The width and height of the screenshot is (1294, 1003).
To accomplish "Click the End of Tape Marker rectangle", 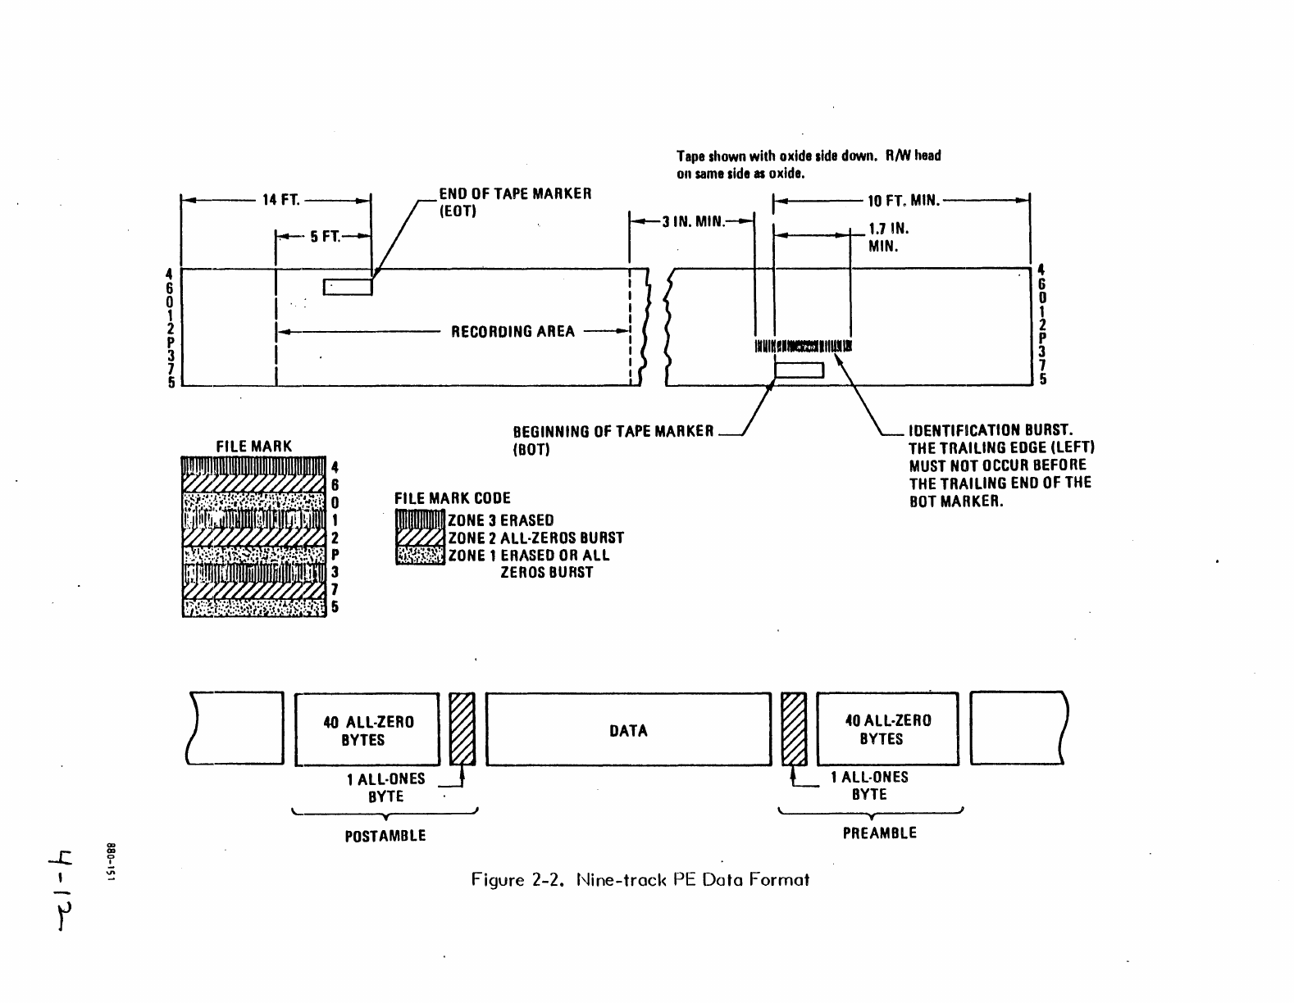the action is coord(348,287).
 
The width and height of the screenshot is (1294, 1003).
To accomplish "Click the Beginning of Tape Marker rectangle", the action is coord(799,371).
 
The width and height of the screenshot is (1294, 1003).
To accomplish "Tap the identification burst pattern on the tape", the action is coord(803,346).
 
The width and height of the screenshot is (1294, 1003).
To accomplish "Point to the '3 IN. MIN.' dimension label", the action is coord(692,220).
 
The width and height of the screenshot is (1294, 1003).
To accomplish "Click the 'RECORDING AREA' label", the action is coord(513,332).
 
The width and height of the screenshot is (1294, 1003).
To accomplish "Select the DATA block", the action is coord(628,730).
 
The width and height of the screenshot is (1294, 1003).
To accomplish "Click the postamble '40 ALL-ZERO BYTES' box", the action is coord(367,730).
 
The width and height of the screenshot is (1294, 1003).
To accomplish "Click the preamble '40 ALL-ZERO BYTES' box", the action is coord(887,729).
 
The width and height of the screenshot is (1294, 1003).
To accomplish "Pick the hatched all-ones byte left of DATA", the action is coord(462,729).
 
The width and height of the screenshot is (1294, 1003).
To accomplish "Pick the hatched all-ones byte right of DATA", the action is coord(794,729).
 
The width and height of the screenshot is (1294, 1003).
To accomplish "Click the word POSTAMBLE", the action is coord(385,836).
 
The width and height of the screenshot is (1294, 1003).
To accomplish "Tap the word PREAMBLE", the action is coord(879,833).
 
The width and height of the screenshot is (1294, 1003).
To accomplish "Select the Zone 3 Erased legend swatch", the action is coord(419,520).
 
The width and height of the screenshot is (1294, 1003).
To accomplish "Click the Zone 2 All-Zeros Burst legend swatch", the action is coord(419,538).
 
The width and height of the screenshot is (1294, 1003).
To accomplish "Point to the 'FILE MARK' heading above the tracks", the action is coord(253,447).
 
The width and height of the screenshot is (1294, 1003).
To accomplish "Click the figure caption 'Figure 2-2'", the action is coord(640,880).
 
